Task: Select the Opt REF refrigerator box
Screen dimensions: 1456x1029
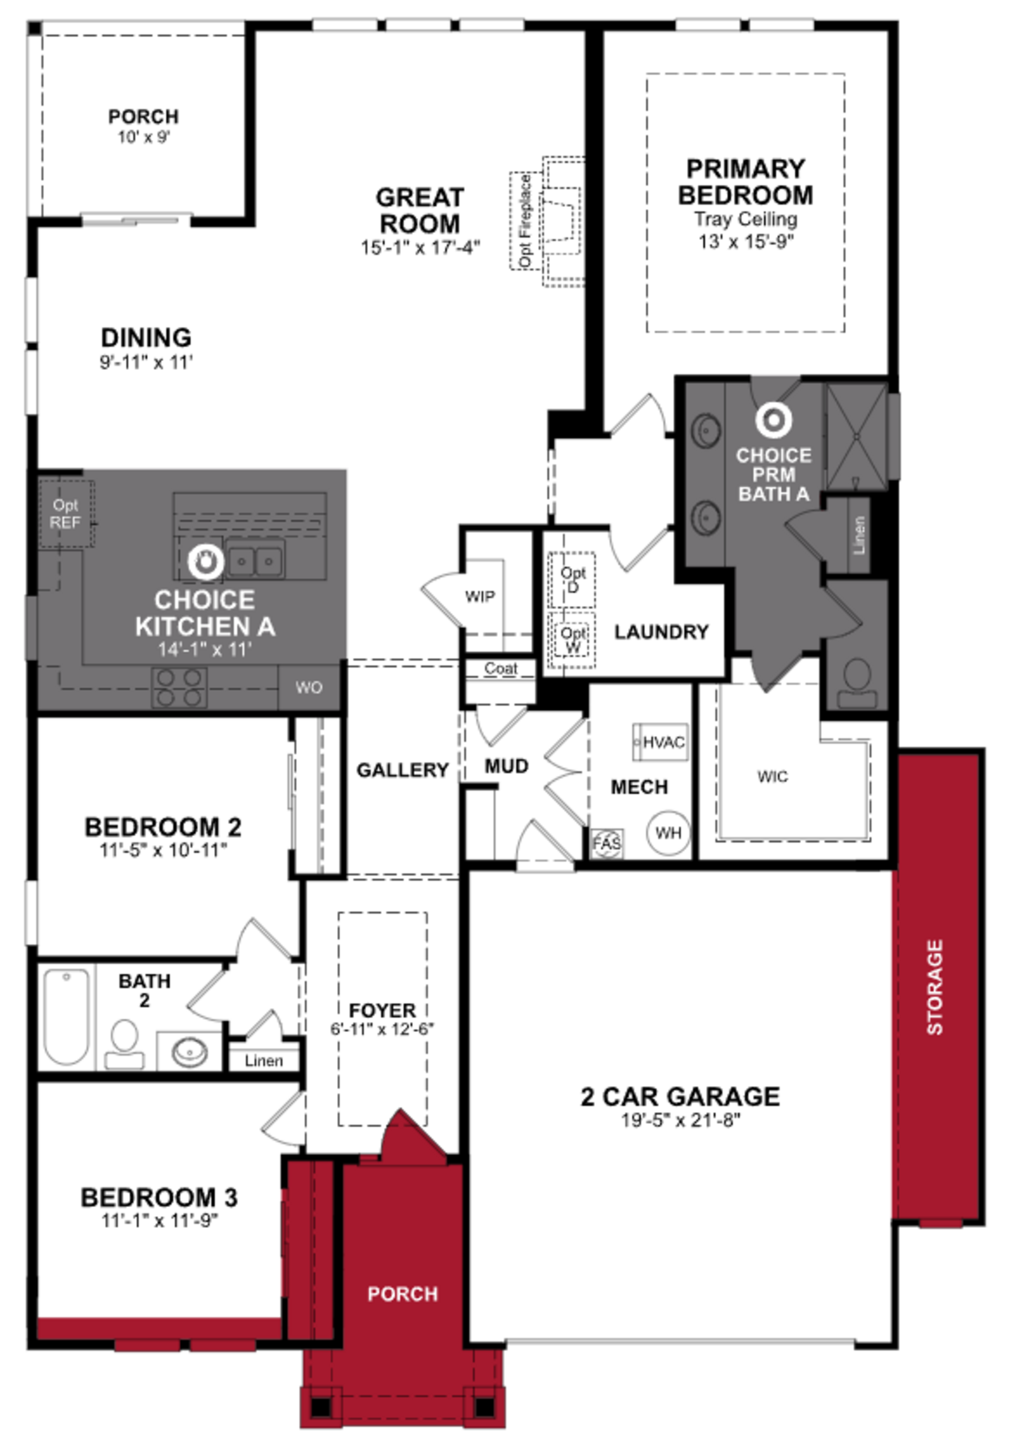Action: (x=66, y=514)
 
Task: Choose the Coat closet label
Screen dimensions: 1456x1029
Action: (x=501, y=668)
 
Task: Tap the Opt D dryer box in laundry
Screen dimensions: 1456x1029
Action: (x=573, y=579)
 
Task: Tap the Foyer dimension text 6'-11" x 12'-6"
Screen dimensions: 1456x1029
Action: (x=382, y=1029)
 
